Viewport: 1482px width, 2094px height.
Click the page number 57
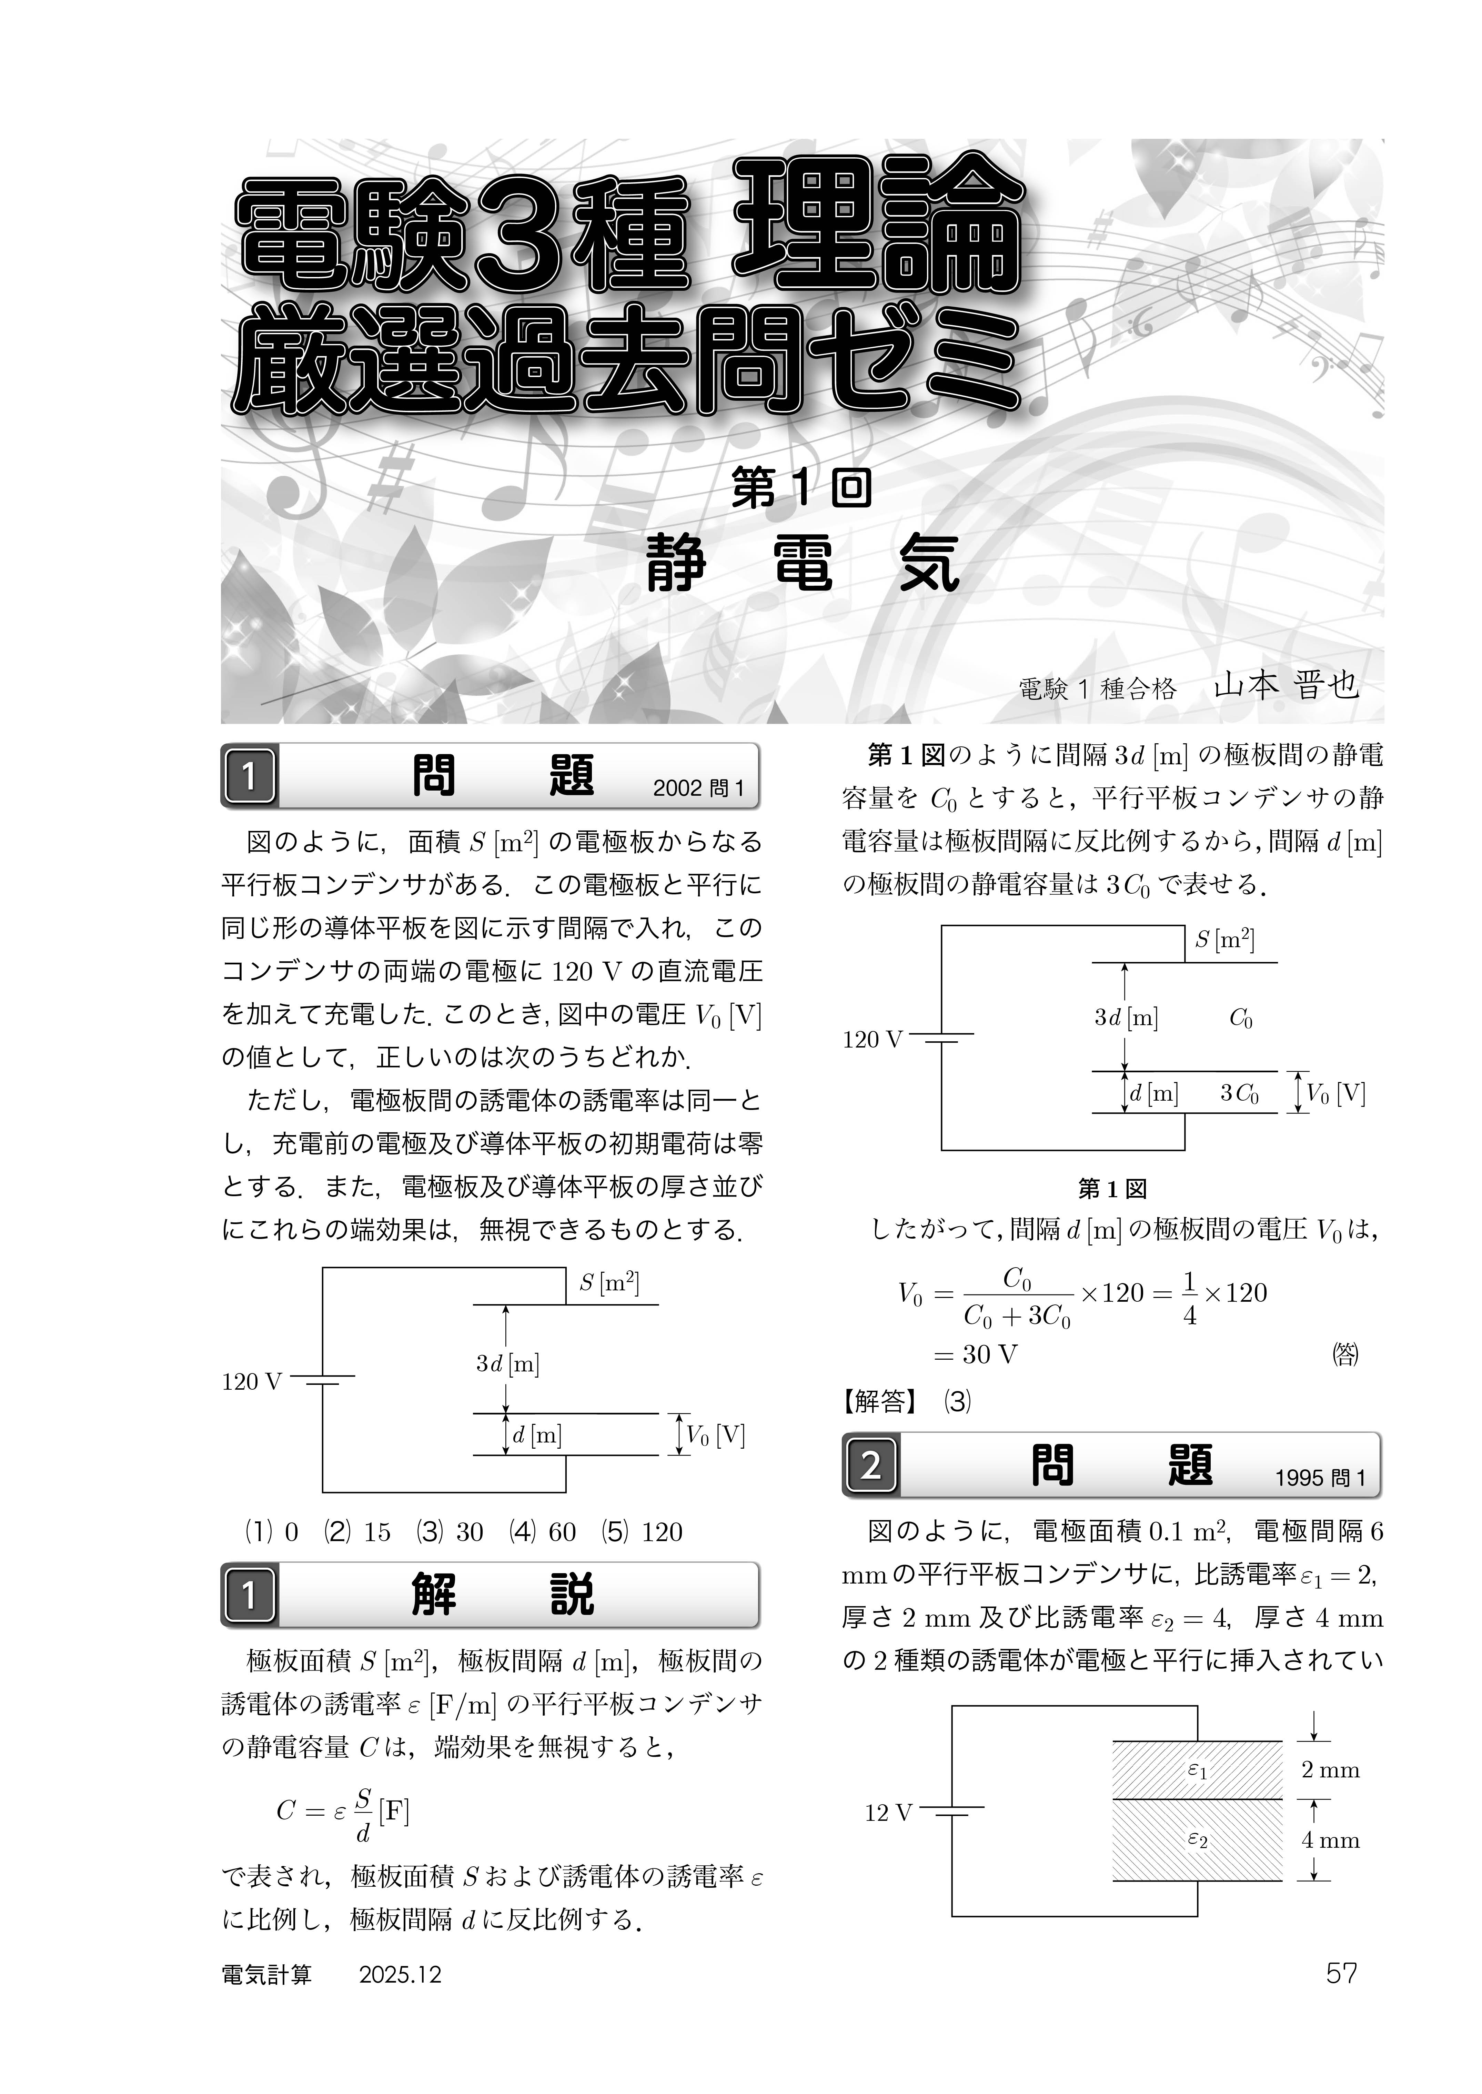click(1341, 1974)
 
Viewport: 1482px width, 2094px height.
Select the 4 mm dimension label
click(1330, 1840)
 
